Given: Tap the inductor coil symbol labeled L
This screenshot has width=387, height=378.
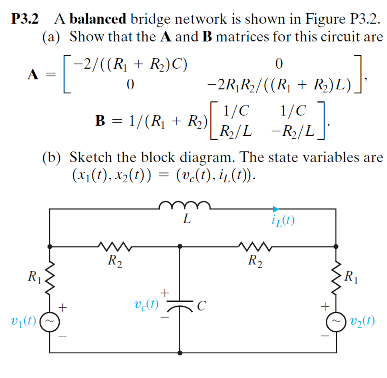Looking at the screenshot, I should tap(185, 205).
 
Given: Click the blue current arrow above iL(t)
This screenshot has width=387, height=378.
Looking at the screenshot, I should tap(275, 209).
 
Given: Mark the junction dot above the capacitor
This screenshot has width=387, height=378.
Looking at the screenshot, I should tap(180, 246).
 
